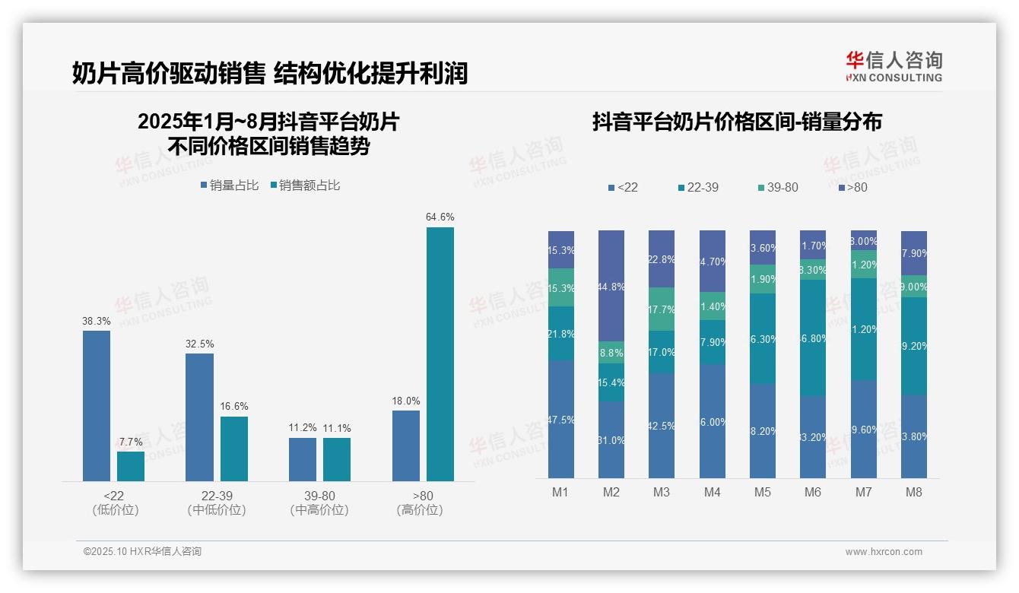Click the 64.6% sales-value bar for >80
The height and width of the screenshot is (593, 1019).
pos(440,354)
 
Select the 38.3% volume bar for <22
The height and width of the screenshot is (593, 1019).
pos(97,405)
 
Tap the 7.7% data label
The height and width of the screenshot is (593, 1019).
pos(131,442)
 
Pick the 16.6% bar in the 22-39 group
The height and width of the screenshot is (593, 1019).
pos(234,449)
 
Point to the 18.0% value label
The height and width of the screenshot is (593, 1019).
pos(406,401)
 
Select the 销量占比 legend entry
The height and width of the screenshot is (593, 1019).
pos(230,185)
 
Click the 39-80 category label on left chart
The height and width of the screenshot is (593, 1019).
pos(319,496)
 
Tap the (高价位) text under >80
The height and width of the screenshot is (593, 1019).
pos(419,510)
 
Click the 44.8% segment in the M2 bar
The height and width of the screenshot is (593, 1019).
pos(611,286)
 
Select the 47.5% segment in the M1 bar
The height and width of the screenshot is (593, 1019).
pos(561,419)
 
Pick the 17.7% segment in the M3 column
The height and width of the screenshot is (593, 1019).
pos(662,309)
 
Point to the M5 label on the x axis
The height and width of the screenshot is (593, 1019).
pos(763,492)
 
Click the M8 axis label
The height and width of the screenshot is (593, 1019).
pos(914,492)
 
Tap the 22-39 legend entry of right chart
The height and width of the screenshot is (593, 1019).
pos(697,187)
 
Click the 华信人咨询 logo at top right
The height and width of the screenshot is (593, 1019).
pos(894,66)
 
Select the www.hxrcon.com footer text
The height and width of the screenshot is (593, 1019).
pos(884,552)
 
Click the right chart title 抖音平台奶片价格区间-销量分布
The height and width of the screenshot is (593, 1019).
pos(737,122)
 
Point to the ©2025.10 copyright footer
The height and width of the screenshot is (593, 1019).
pos(142,552)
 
